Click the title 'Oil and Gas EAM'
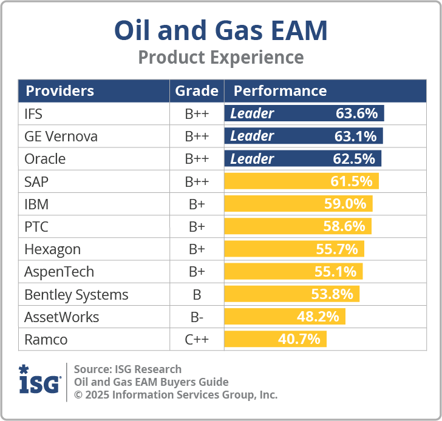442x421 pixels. coord(221,30)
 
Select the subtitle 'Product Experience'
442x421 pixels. coord(221,58)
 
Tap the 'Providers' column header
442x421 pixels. coord(59,91)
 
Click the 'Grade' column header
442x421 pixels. coord(196,91)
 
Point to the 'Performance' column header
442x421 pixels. coord(280,91)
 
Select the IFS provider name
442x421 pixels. coord(33,113)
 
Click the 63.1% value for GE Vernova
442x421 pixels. coord(356,136)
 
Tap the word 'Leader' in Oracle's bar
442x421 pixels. coord(252,159)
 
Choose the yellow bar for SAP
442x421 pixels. coord(301,181)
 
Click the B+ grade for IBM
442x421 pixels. coord(196,204)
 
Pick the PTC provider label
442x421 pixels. coord(36,227)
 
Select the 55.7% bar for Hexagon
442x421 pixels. coord(294,249)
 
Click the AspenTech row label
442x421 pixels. coord(59,272)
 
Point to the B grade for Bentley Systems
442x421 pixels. coord(196,295)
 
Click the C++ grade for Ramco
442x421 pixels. coord(196,339)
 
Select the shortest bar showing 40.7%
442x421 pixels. coord(276,339)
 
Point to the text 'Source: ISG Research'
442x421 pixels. coord(127,369)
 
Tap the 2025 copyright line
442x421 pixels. coord(175,395)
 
